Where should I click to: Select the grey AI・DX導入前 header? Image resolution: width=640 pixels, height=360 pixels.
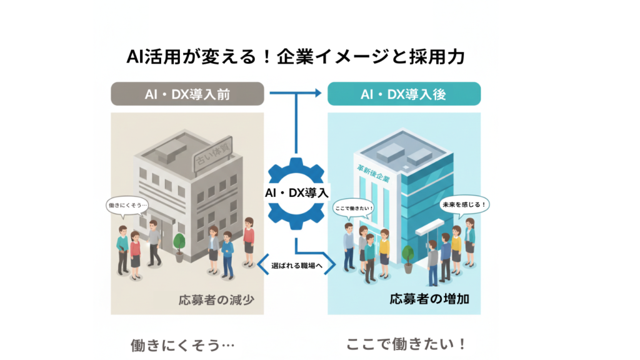pyautogui.click(x=187, y=94)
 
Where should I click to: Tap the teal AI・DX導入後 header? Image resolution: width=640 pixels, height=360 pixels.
pyautogui.click(x=404, y=94)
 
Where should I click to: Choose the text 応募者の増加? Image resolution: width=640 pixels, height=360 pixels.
pyautogui.click(x=430, y=298)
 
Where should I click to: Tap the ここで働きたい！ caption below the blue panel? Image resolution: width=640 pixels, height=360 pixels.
pyautogui.click(x=406, y=344)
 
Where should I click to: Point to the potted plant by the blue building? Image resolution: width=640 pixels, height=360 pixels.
pyautogui.click(x=407, y=256)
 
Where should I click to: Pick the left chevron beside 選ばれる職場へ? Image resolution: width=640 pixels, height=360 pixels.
pyautogui.click(x=262, y=266)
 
